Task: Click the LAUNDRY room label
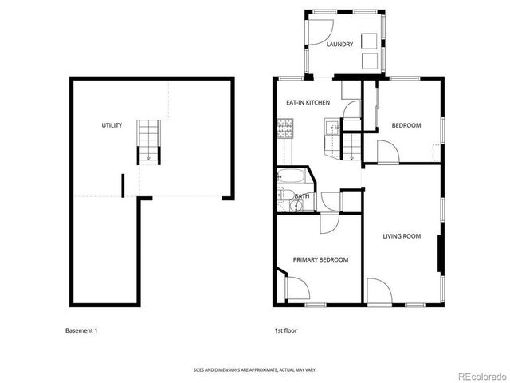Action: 339,45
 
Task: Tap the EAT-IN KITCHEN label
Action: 308,103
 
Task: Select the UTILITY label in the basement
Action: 112,125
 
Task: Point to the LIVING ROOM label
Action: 401,235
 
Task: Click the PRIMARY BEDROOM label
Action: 320,259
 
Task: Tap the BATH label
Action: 303,196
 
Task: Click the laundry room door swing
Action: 316,30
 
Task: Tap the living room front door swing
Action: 379,291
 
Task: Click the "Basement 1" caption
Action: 81,330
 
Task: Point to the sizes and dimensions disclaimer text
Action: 254,369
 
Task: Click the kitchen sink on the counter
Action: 330,125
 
